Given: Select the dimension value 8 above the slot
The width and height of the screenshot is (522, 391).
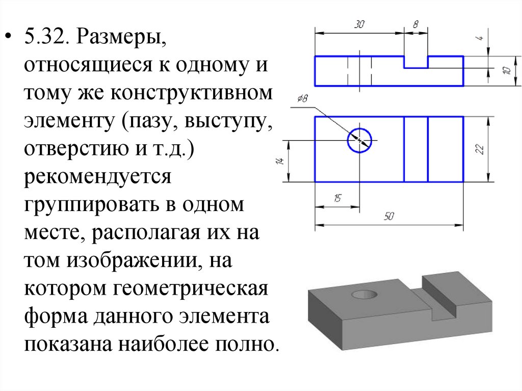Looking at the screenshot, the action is point(415,24).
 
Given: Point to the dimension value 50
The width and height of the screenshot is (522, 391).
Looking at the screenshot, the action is point(388,217).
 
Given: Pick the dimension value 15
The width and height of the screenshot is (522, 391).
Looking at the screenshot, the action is point(337,199).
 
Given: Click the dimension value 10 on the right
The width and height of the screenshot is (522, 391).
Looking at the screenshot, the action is point(506,70).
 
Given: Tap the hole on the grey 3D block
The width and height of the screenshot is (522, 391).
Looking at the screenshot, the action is point(364,294).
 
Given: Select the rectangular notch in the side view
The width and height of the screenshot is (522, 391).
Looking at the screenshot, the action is point(416,62).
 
